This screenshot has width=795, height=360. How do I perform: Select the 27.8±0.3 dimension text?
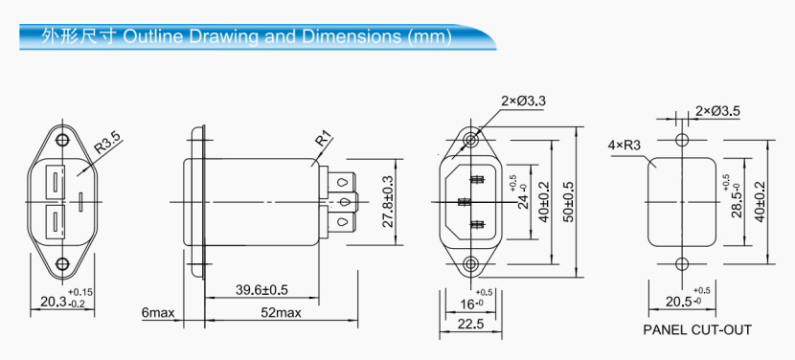[388, 202]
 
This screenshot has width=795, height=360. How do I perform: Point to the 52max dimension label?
[282, 313]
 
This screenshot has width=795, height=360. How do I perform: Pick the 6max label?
[157, 313]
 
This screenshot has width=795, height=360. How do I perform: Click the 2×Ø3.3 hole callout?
[523, 101]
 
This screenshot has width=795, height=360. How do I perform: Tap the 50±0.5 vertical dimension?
[569, 202]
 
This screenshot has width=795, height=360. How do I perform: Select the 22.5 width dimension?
[468, 325]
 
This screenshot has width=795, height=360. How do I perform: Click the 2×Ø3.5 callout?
[717, 111]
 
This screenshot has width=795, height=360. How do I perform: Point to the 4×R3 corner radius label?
[624, 146]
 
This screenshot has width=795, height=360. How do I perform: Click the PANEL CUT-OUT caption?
[697, 330]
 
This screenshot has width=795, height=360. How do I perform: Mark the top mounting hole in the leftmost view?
[62, 140]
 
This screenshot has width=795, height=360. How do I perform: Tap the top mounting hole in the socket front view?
[469, 140]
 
